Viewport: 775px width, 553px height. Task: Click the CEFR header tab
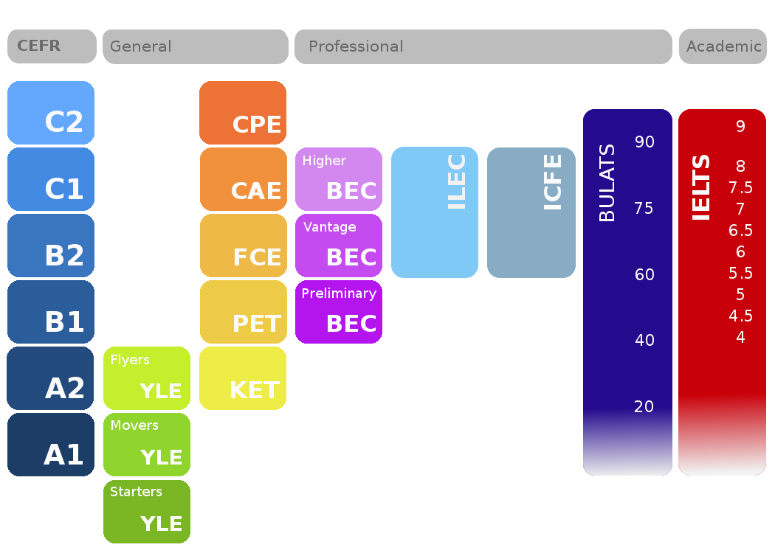52,46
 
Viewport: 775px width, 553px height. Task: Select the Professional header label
356,46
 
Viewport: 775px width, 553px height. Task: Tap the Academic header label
723,46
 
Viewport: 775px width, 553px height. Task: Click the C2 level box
51,113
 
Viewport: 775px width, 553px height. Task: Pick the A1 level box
51,445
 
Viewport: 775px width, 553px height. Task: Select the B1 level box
51,312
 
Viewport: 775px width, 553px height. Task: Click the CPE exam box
243,113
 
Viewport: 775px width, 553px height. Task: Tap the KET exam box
243,378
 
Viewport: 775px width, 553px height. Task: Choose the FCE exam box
243,246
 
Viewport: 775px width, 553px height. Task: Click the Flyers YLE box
147,378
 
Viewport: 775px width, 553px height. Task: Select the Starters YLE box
147,511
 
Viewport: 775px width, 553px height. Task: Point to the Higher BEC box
339,179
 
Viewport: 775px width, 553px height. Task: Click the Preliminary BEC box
339,312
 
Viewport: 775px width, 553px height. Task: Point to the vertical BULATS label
607,183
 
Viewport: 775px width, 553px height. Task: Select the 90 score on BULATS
644,142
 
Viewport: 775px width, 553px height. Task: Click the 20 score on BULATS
644,406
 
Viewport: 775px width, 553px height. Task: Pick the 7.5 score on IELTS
740,187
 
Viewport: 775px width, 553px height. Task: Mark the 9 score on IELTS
740,127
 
